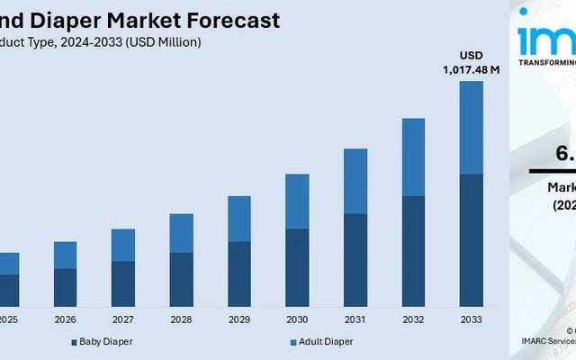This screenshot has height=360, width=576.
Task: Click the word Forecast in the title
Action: (232, 20)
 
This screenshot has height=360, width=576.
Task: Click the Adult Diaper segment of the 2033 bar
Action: (471, 127)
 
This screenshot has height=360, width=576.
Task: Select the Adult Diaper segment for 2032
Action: (413, 157)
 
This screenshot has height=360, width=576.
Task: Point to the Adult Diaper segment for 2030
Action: (297, 202)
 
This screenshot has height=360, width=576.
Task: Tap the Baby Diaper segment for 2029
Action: (239, 274)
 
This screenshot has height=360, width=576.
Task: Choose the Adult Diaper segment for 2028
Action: (181, 233)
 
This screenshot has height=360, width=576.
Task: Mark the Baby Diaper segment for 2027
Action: (123, 283)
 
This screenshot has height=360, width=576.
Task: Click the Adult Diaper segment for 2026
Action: (65, 255)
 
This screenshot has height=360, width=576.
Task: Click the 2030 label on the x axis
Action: (297, 319)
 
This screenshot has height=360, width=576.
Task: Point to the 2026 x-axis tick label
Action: (65, 319)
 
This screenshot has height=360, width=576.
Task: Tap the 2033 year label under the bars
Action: (471, 319)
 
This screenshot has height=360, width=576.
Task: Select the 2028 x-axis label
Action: (181, 319)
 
